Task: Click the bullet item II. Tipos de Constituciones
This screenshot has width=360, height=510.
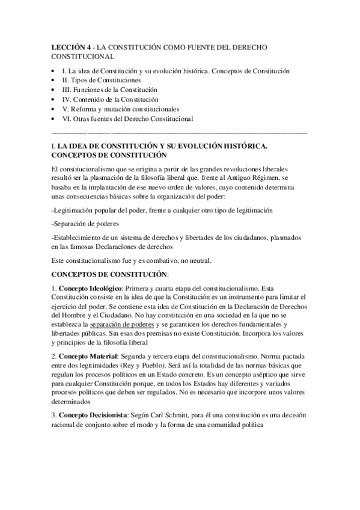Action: pos(102,80)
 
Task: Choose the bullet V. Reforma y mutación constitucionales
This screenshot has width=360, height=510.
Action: pos(120,109)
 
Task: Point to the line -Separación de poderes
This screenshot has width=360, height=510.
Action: pos(81,223)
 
